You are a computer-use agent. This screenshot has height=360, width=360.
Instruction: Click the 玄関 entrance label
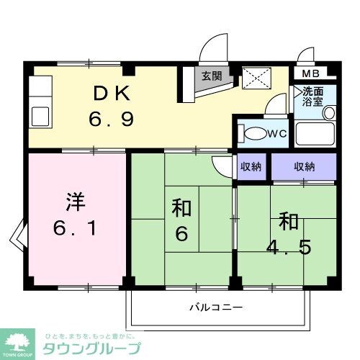coord(211,75)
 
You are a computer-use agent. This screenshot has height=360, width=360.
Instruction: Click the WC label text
coord(277,134)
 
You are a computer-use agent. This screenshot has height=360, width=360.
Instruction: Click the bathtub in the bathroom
coord(315,135)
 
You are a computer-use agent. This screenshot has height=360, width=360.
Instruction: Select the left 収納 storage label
coord(251,166)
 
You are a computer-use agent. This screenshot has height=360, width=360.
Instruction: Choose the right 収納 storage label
coord(304,166)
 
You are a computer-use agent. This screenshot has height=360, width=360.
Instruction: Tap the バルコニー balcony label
coord(216,306)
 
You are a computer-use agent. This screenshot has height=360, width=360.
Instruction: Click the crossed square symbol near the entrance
coord(253,76)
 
